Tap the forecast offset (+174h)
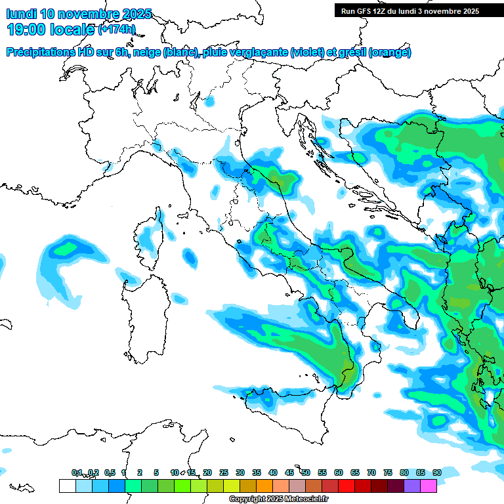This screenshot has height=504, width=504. tap(117, 29)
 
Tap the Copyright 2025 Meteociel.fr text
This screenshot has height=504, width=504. tap(278, 499)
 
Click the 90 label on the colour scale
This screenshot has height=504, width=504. tap(436, 472)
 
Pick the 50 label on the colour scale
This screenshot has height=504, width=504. tap(306, 472)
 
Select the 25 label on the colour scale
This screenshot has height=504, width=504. tap(224, 472)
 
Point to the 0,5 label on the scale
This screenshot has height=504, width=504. tap(110, 472)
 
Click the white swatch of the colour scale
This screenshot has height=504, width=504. tap(67, 486)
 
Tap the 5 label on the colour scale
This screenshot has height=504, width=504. tap(156, 472)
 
